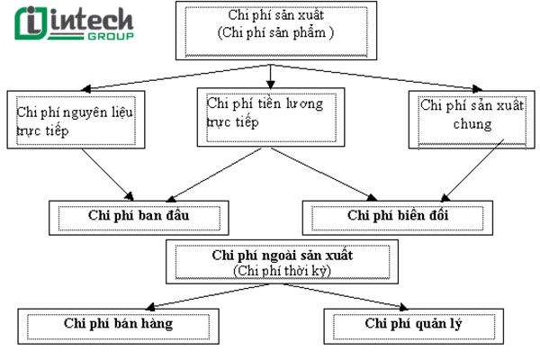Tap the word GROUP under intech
pos(113,37)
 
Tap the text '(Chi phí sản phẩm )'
pos(275,34)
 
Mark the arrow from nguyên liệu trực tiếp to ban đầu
pos(107,173)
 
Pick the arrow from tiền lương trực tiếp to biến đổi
pos(324,173)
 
